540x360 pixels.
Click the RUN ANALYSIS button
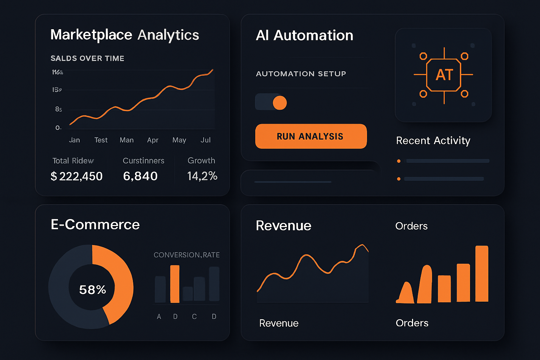311,136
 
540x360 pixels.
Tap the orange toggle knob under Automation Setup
280,103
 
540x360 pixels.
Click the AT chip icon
444,75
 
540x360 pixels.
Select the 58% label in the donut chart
92,290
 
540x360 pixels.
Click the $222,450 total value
77,176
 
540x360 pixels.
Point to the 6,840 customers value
140,176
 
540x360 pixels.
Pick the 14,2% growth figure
202,176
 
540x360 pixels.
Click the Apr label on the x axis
153,140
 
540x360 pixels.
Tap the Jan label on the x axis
75,140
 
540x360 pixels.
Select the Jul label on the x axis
205,140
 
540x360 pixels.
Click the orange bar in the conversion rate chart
175,284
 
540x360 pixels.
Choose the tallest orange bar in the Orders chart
482,274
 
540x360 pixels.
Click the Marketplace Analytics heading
124,35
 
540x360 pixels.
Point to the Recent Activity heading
433,141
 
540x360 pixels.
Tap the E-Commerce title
95,225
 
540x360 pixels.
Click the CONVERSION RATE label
186,255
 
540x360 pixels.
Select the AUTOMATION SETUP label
301,74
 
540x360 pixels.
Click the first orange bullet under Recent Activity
399,161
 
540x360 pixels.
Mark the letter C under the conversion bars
194,316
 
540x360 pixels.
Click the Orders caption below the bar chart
412,323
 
